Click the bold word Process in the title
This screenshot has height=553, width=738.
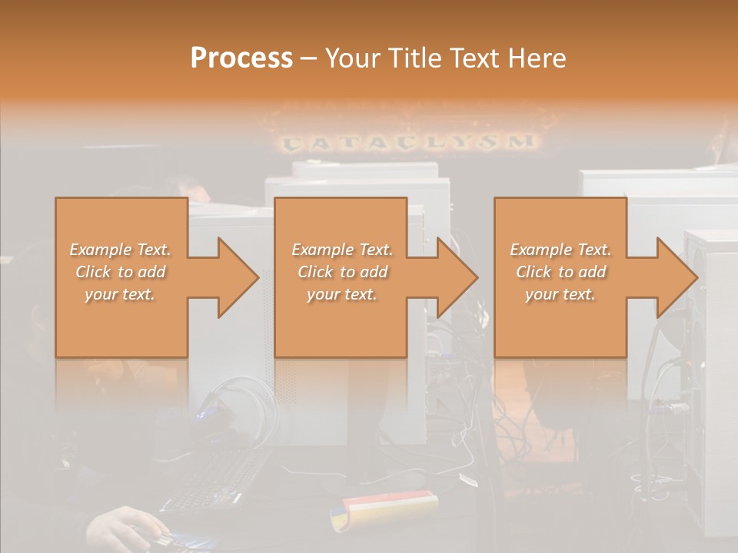coord(241,58)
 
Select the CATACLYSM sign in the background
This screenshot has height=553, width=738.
coord(408,142)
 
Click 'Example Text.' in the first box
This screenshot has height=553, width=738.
coord(120,250)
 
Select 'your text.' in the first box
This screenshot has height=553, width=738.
coord(120,294)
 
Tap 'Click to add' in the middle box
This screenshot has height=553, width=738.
coord(342,272)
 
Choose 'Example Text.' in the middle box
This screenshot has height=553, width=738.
coord(342,250)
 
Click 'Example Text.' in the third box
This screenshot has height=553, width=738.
coord(560,250)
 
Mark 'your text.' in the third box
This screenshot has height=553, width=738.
coord(560,294)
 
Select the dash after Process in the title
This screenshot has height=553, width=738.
coord(308,58)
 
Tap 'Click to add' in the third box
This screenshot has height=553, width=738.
coord(560,272)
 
